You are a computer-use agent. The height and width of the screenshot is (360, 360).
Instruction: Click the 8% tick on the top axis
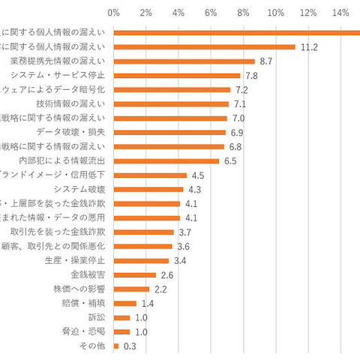pos(243,13)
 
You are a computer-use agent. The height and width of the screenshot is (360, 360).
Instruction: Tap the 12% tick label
pos(307,13)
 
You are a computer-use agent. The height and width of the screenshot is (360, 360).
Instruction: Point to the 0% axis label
pos(114,13)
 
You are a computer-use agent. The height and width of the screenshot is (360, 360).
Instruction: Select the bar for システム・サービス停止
pos(176,75)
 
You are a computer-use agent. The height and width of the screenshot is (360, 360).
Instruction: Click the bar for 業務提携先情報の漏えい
pos(184,61)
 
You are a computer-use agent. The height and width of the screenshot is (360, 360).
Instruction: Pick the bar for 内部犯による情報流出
pos(166,160)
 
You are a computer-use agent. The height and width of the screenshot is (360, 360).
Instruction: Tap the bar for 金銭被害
pos(134,274)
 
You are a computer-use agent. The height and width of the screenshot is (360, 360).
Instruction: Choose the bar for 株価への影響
pos(131,289)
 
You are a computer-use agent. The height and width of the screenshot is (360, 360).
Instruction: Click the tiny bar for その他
pos(115,346)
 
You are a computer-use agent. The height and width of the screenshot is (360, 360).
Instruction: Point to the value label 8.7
pos(265,61)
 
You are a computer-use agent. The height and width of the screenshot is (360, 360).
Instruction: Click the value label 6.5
pos(230,160)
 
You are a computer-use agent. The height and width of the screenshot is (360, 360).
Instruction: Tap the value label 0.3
pos(129,346)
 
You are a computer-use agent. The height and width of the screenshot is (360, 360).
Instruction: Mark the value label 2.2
pos(160,289)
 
